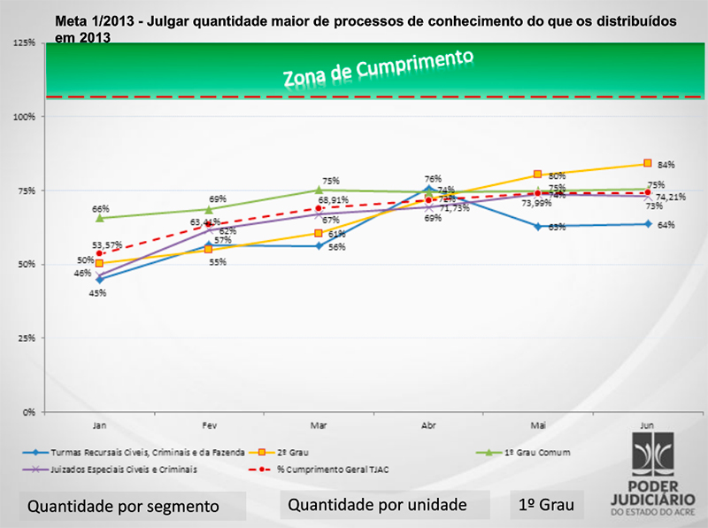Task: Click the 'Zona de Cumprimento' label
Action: click(378, 69)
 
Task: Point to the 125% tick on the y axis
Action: click(25, 43)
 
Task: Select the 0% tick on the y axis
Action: click(29, 412)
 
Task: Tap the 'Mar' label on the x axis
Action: click(318, 423)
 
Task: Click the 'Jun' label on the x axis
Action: click(647, 423)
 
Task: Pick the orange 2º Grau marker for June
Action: click(648, 163)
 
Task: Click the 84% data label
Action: click(666, 165)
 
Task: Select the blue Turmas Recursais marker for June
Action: click(648, 224)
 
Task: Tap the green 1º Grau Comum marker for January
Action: click(99, 217)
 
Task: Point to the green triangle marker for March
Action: click(319, 190)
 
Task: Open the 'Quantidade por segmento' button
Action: click(123, 508)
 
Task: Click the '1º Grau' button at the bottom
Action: click(546, 505)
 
